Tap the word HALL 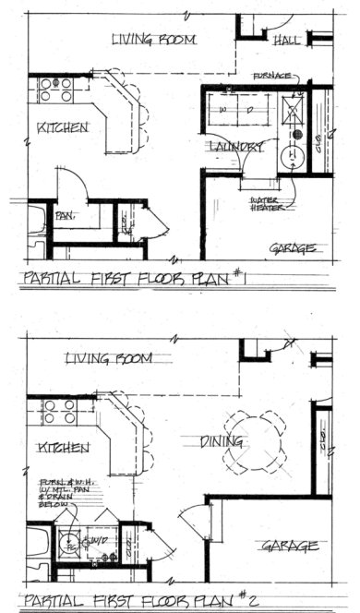pos(286,42)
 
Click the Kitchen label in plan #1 pos(64,126)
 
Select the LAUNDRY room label pos(237,147)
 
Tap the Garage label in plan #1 pos(293,248)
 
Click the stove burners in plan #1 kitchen pos(56,90)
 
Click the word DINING pos(222,443)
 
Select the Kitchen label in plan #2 pos(64,447)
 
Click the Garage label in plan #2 pos(291,546)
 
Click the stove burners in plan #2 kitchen pos(57,411)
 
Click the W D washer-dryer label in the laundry pos(235,110)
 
